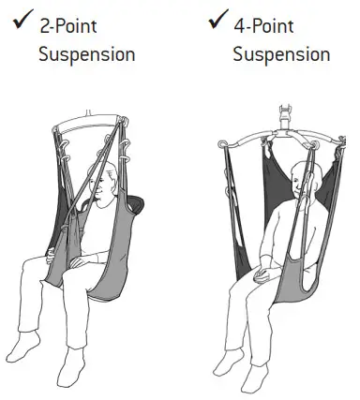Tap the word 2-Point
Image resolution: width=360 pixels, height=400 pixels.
click(68, 25)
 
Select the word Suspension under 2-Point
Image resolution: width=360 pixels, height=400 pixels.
click(86, 54)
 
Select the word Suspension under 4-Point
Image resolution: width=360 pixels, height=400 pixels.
click(281, 53)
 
